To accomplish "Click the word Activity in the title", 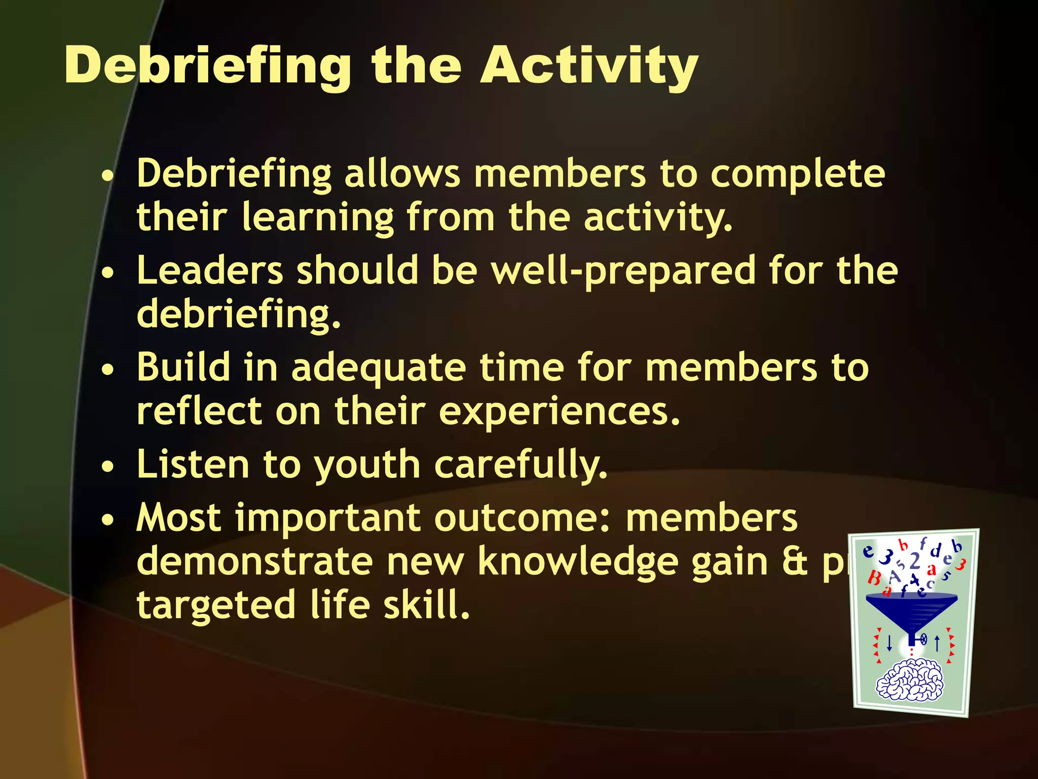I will click(x=589, y=66).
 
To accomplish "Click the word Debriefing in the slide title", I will click(x=208, y=66).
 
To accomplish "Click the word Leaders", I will click(x=210, y=271).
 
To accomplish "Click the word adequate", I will click(x=378, y=368).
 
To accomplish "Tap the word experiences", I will click(x=558, y=411).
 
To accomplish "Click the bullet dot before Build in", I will click(x=107, y=370).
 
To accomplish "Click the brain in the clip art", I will click(x=910, y=680).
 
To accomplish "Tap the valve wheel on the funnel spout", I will click(x=923, y=640).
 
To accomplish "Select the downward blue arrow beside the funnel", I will click(x=889, y=643).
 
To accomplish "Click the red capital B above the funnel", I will click(x=874, y=577).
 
